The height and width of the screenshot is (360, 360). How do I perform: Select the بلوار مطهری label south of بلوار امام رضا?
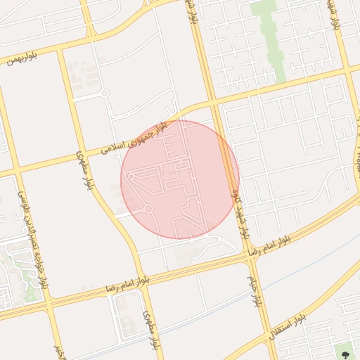152,329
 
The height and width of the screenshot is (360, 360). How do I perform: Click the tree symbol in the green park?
345,349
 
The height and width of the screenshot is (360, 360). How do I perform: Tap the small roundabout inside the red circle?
148,209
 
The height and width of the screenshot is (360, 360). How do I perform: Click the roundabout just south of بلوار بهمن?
104,93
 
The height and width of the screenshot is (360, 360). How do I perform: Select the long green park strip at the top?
270,39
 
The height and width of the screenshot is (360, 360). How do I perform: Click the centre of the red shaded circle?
180,180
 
